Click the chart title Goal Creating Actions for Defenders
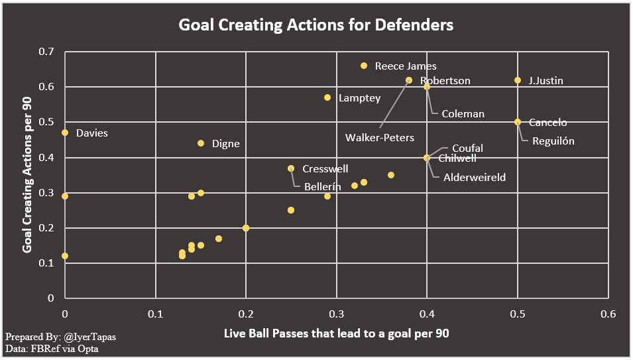click(316, 25)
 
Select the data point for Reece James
click(364, 66)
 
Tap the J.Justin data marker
click(518, 80)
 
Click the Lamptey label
click(359, 98)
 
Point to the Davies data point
click(65, 133)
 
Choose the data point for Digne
click(201, 143)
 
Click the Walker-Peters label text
click(379, 138)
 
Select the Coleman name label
click(463, 114)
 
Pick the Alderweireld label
click(474, 177)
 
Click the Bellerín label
click(322, 187)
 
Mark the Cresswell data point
click(291, 168)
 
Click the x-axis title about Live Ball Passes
click(336, 333)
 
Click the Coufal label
click(467, 149)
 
